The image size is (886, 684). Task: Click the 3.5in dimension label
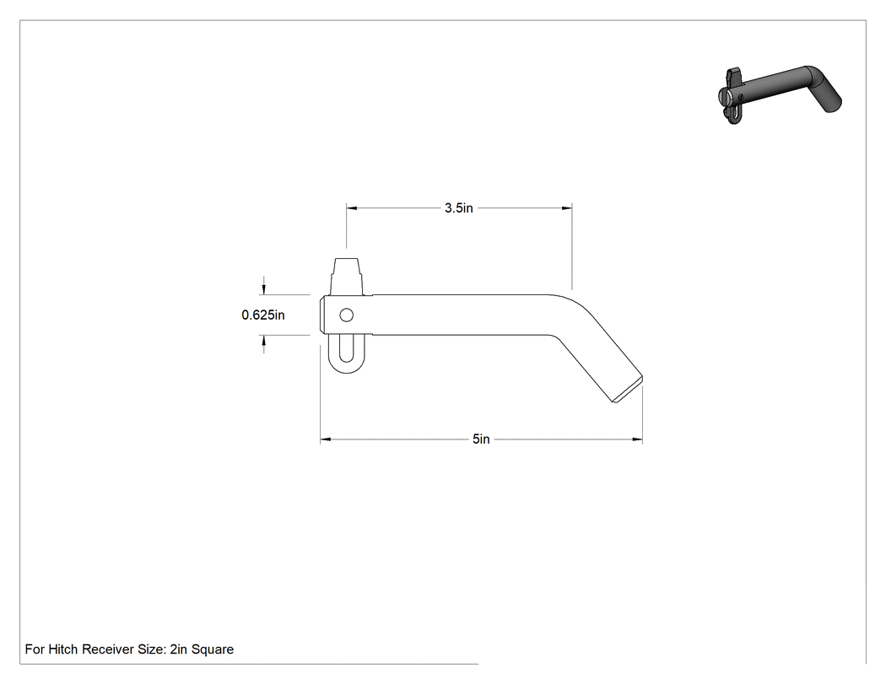(x=458, y=207)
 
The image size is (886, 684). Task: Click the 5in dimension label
(x=481, y=439)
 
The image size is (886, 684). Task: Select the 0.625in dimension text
(x=262, y=315)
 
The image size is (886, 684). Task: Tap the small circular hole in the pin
(x=346, y=315)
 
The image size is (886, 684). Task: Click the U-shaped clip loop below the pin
(x=346, y=369)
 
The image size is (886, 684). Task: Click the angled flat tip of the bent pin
(x=628, y=389)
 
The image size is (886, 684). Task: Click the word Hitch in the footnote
(x=63, y=649)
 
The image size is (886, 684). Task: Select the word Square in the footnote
(x=213, y=649)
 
